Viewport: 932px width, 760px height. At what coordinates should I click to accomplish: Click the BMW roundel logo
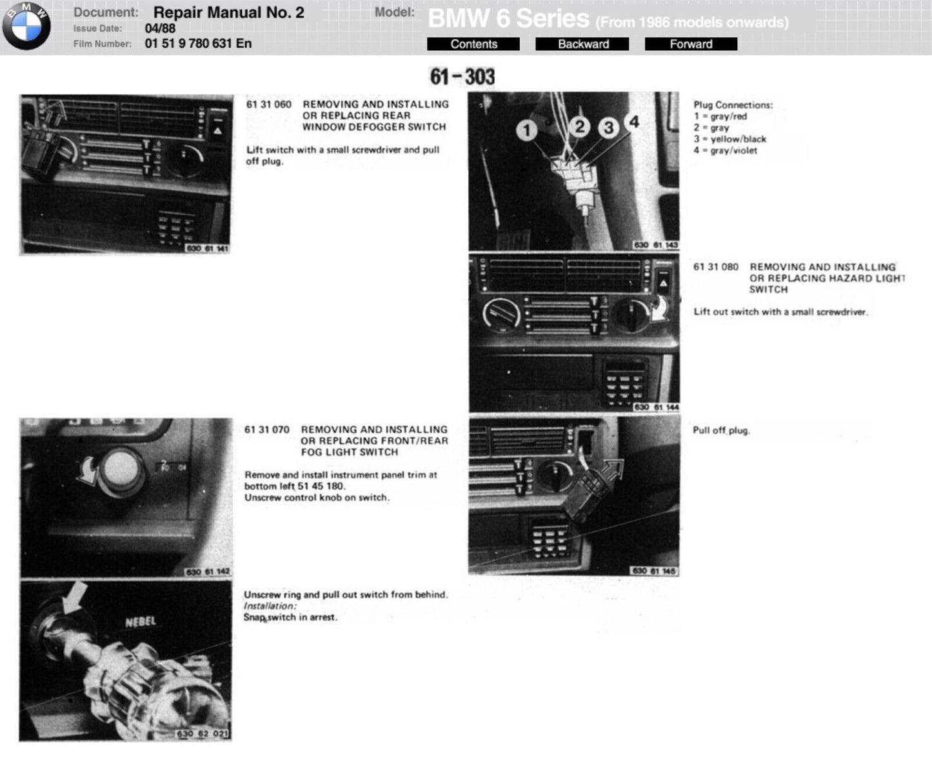tap(26, 26)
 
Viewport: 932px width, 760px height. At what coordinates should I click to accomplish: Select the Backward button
tap(582, 45)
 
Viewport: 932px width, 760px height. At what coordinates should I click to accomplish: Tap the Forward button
tap(691, 45)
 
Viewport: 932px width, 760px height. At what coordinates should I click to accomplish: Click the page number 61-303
tap(462, 77)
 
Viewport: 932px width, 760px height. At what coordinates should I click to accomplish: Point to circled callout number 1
tap(526, 130)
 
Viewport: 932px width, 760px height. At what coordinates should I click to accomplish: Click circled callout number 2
tap(579, 127)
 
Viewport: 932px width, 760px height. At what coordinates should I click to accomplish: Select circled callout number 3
tap(608, 128)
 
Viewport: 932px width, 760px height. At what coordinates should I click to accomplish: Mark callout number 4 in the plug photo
tap(634, 121)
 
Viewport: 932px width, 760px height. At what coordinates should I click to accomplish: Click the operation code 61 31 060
tap(269, 105)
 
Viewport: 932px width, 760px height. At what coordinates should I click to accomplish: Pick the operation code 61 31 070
tap(267, 430)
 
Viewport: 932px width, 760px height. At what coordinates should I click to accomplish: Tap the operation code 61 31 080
tap(716, 267)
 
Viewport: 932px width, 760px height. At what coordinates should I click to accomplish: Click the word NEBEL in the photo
tap(141, 623)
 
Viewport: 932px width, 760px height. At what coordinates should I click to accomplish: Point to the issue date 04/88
tap(160, 28)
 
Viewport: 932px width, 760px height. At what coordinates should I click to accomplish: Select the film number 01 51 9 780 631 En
tap(198, 43)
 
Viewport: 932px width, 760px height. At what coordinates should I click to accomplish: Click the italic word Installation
tap(270, 606)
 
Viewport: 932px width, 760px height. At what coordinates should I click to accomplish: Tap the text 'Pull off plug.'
tap(721, 430)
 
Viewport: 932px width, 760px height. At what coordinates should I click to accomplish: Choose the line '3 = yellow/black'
tap(729, 139)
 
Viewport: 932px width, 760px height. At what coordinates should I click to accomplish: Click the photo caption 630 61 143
tap(655, 245)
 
